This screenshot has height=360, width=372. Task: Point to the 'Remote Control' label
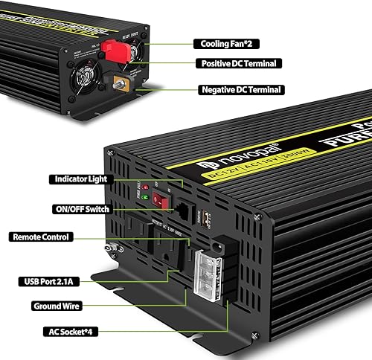[x=42, y=237]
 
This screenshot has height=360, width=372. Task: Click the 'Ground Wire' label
[x=57, y=306]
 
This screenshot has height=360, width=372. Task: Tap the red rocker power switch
[x=157, y=200]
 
